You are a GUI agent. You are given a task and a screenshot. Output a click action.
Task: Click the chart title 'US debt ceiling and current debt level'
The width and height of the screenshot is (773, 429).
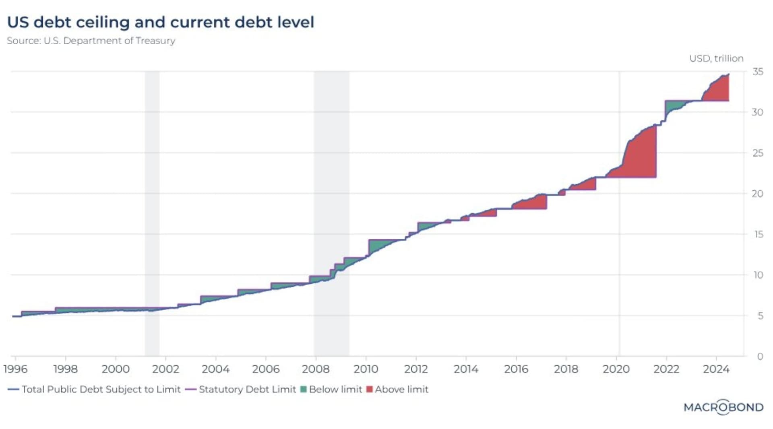pos(161,22)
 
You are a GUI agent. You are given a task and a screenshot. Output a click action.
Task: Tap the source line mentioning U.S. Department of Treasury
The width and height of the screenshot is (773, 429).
pos(91,41)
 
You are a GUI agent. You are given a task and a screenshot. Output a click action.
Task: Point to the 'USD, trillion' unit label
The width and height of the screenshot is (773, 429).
pos(716,58)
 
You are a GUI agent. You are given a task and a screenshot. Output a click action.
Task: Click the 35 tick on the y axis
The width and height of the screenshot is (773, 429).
pos(758,72)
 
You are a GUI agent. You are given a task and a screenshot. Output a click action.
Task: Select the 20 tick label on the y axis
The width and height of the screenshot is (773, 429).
pos(758,194)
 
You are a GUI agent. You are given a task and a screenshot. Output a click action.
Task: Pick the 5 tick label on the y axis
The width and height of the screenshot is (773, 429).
pos(760,316)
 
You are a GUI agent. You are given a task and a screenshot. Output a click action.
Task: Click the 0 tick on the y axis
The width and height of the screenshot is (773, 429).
pos(760,357)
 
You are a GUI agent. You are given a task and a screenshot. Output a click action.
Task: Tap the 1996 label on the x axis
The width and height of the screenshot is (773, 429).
pos(15,369)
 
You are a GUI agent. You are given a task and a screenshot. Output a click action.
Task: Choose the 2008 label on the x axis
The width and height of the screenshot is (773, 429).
pos(316,369)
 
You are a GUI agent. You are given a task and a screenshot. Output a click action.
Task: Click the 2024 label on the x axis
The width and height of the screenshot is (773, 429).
pos(716,369)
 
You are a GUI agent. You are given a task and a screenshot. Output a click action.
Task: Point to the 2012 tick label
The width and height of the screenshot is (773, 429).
pos(416,369)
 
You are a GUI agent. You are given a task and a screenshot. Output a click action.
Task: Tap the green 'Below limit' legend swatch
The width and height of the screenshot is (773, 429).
pos(304,389)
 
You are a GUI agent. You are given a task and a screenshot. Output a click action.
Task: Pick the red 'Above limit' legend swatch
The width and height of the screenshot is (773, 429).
pos(370,389)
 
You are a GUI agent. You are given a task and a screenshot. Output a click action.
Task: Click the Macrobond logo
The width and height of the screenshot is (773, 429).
pos(723,407)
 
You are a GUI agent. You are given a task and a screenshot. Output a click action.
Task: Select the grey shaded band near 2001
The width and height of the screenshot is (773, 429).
pos(152,201)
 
